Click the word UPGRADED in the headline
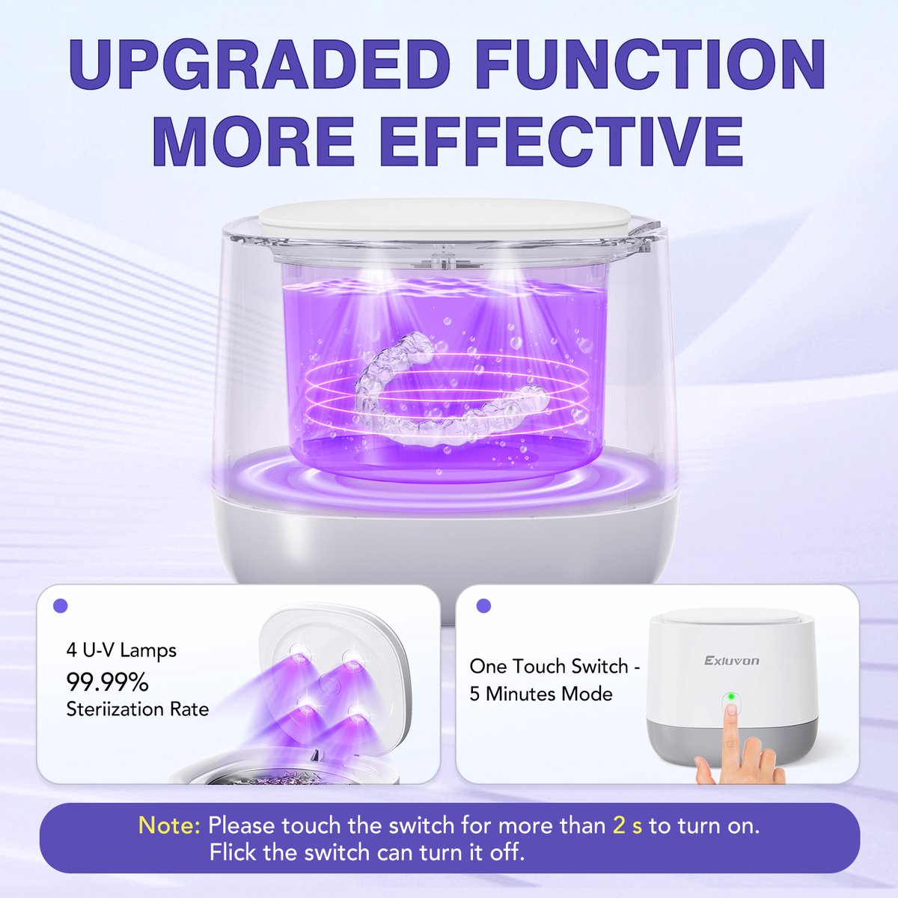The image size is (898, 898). tap(258, 65)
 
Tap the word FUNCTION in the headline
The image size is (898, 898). tap(650, 65)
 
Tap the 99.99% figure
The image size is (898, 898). tap(107, 682)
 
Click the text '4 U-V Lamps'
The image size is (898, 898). tap(121, 650)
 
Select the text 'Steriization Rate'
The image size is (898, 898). tap(138, 709)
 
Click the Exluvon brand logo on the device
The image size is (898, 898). tap(732, 660)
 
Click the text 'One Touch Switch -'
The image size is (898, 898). tap(555, 667)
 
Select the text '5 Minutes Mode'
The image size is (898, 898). tap(540, 694)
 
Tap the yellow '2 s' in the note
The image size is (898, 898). tap(627, 825)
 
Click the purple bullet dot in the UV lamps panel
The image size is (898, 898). tap(61, 606)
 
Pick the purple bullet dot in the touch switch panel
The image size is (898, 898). tap(484, 605)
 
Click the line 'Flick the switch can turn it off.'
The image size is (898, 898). tap(367, 852)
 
